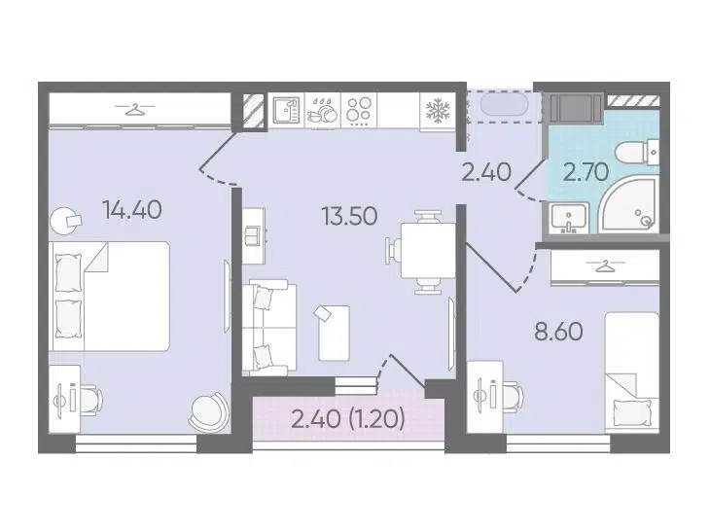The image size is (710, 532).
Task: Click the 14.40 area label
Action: pos(132,210)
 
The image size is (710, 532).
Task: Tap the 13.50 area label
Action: pos(349,216)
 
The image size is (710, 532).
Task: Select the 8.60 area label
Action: pos(558,332)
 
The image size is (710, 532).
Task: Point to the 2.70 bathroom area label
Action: pos(586,172)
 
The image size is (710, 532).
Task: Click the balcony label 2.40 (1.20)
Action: pos(348,419)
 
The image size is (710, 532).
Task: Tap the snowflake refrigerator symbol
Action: pos(438,112)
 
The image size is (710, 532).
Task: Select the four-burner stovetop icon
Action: pos(359,111)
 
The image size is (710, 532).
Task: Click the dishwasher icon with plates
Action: pos(322,112)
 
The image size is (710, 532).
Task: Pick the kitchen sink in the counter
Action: pos(287,111)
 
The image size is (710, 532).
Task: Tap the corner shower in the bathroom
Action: pos(628,205)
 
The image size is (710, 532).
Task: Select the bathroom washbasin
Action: pos(569,218)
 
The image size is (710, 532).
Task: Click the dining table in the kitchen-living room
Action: pos(428,250)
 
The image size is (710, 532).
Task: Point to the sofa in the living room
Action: pos(269,328)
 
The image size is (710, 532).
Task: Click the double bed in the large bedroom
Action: pos(109,296)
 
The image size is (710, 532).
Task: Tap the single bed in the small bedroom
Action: pos(631,370)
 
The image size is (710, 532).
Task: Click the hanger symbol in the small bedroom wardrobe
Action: pos(605,266)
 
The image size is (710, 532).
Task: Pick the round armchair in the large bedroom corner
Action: pos(208,410)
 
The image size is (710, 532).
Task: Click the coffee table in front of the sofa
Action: pos(335,334)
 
